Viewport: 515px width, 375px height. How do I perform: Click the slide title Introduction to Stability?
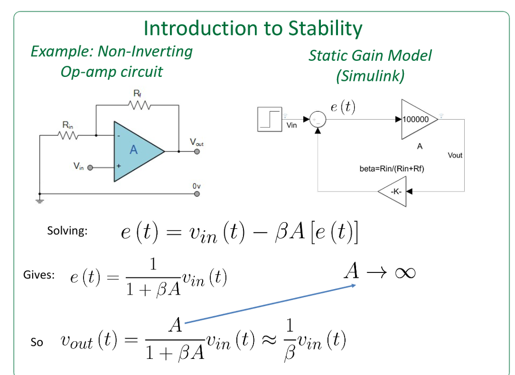pyautogui.click(x=252, y=28)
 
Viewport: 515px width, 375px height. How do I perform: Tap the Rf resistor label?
pyautogui.click(x=137, y=93)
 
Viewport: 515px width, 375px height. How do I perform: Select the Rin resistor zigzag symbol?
pyautogui.click(x=68, y=135)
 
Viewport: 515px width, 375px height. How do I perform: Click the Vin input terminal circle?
pyautogui.click(x=91, y=168)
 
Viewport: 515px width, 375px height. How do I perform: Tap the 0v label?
pyautogui.click(x=196, y=186)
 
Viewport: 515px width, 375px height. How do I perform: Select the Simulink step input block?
pyautogui.click(x=270, y=119)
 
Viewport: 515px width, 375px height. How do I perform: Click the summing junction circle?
pyautogui.click(x=317, y=119)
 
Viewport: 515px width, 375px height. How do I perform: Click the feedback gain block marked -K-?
pyautogui.click(x=392, y=191)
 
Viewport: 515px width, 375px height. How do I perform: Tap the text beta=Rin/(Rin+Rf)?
pyautogui.click(x=392, y=169)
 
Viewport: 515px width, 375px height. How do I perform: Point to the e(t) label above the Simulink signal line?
pyautogui.click(x=342, y=107)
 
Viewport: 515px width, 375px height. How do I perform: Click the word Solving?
pyautogui.click(x=67, y=231)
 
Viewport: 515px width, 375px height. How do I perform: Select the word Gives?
pyautogui.click(x=39, y=275)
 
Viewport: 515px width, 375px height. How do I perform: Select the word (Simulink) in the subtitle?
pyautogui.click(x=370, y=76)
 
